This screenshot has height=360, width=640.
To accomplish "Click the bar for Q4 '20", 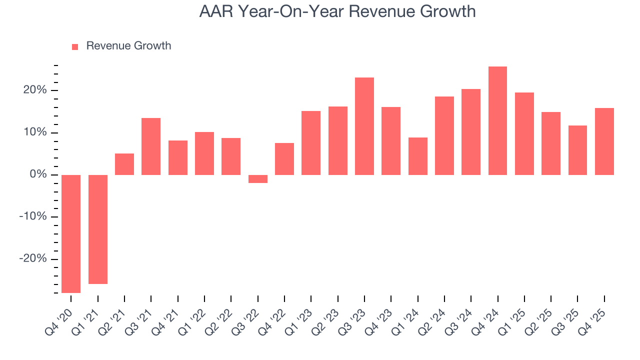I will point(71,233).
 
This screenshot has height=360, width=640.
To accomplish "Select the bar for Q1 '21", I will point(98,229).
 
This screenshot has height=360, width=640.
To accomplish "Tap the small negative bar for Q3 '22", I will point(258,179).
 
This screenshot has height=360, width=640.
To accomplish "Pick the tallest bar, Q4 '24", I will point(497,120).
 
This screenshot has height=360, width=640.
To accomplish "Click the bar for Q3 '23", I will point(364,126).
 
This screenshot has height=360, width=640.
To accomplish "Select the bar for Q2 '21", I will point(124,164).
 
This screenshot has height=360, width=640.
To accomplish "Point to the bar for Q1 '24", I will point(417,156).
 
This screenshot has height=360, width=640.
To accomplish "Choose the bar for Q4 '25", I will point(604,141).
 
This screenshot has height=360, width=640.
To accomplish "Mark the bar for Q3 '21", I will point(151,146).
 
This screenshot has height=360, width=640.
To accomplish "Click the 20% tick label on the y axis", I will point(34,90).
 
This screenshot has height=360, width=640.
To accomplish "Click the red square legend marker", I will point(75,46).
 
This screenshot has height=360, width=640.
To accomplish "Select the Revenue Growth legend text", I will point(128,46).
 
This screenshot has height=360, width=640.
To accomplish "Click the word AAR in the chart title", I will point(215,11).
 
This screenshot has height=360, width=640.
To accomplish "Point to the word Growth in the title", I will point(447,11).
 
